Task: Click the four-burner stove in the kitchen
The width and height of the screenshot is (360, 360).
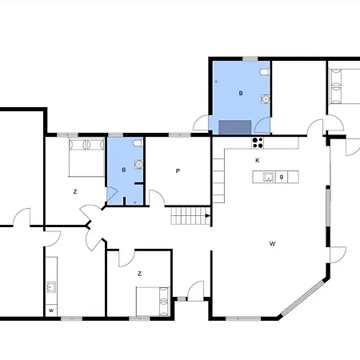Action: (258, 142)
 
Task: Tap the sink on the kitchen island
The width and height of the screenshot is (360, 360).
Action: (269, 177)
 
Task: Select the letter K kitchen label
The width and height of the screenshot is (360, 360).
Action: (258, 160)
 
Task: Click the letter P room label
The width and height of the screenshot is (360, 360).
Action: (178, 171)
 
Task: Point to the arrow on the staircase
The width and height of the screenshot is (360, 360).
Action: (208, 216)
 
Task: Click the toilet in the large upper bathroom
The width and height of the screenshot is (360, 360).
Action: (265, 72)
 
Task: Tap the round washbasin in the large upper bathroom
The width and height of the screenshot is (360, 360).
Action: (266, 99)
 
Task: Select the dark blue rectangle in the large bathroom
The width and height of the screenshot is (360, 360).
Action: (235, 127)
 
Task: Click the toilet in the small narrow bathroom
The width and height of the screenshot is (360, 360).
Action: (138, 143)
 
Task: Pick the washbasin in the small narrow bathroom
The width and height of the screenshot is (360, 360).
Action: (138, 164)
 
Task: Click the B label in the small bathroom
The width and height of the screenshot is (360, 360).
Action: (124, 170)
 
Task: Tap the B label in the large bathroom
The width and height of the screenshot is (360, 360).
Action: (241, 93)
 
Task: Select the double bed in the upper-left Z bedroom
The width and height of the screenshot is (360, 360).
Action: (86, 158)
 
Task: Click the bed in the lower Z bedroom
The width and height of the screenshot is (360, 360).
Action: (153, 302)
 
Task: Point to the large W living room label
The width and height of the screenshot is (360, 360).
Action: (272, 243)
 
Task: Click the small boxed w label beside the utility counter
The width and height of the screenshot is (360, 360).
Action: (51, 310)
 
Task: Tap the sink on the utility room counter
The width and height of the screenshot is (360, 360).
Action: (51, 287)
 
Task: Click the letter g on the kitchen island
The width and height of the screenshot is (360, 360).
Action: (282, 177)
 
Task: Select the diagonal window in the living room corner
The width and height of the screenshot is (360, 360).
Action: (302, 298)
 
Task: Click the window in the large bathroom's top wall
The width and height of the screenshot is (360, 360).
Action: (250, 58)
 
